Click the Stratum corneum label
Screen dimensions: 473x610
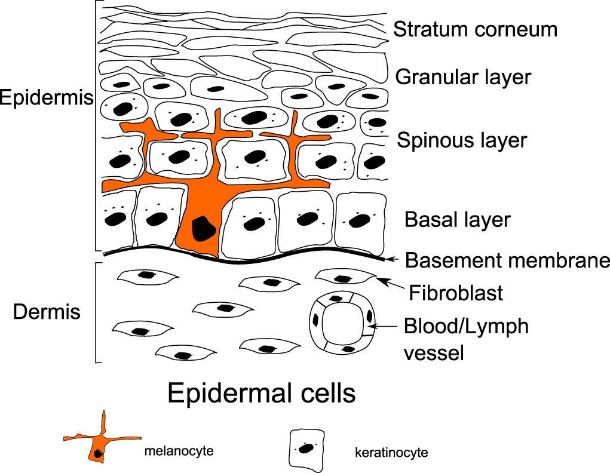pyautogui.click(x=475, y=29)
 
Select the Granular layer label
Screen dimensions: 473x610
pyautogui.click(x=463, y=77)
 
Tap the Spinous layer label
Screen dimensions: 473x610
pyautogui.click(x=462, y=140)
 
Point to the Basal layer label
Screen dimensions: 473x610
pyautogui.click(x=457, y=219)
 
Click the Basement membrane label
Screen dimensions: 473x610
pyautogui.click(x=507, y=260)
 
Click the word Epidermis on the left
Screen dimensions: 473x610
pyautogui.click(x=46, y=98)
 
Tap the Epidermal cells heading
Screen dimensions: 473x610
pyautogui.click(x=262, y=393)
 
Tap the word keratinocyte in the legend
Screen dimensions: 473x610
pyautogui.click(x=391, y=452)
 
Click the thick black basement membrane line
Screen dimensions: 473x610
pyautogui.click(x=239, y=259)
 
